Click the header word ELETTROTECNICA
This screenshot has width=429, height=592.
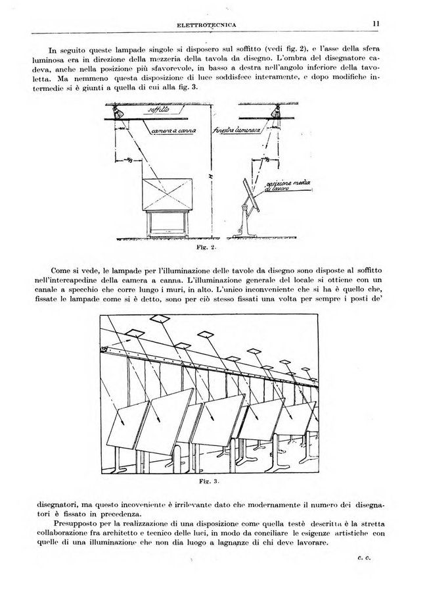click(x=207, y=25)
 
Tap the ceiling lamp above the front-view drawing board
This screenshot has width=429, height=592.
click(x=118, y=114)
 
